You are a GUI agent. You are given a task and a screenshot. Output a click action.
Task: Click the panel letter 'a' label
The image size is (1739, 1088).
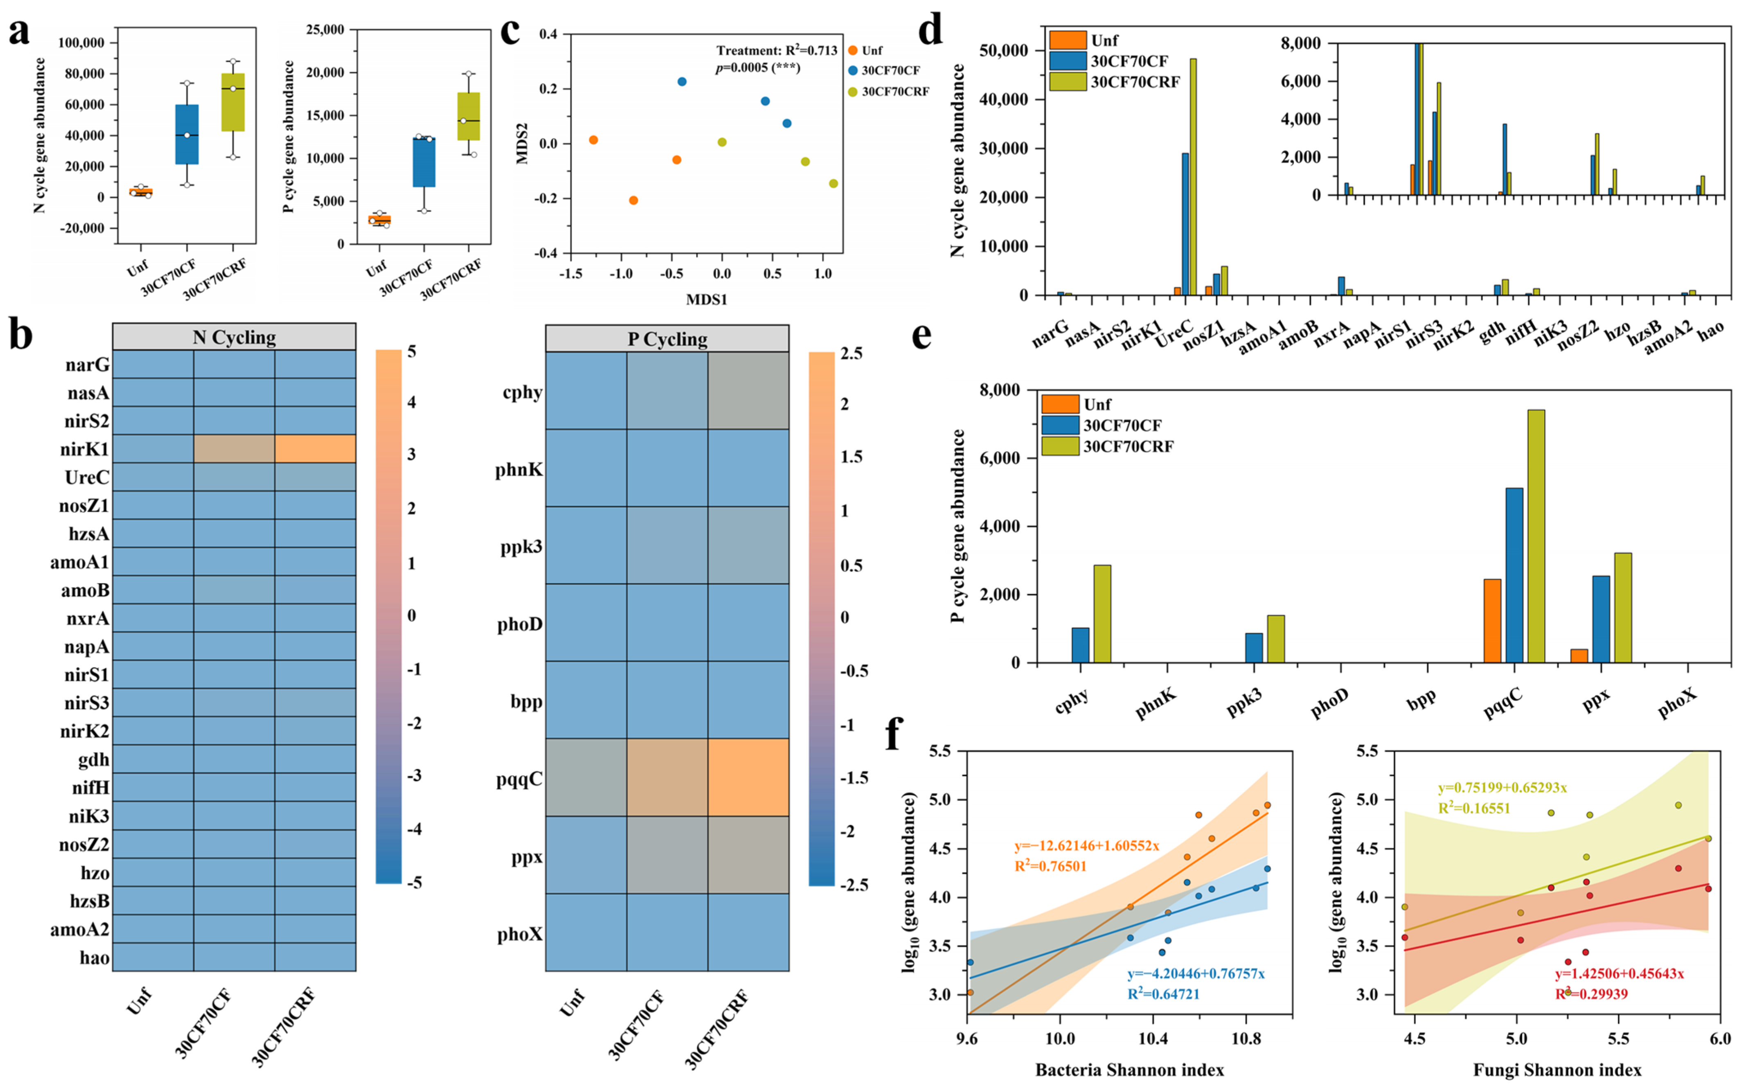tap(19, 32)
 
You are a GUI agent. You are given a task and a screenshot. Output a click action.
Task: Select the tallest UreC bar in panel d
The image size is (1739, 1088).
tap(1193, 176)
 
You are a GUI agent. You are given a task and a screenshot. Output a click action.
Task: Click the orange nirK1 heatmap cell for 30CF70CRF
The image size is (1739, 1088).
tap(315, 448)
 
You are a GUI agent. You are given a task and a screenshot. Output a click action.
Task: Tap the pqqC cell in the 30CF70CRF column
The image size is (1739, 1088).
tap(748, 777)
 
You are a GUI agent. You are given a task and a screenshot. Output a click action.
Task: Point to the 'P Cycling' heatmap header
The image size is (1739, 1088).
tap(667, 338)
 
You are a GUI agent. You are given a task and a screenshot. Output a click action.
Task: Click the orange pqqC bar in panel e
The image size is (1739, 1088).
tap(1492, 620)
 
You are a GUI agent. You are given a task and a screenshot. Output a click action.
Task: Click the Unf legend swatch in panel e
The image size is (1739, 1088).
tap(1060, 404)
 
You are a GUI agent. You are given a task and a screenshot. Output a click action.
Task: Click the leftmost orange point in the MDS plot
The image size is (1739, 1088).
tap(594, 140)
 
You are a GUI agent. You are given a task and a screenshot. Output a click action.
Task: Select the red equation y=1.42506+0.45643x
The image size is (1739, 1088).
tap(1619, 973)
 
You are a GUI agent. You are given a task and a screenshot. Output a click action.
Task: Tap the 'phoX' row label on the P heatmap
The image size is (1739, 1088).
tap(520, 934)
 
